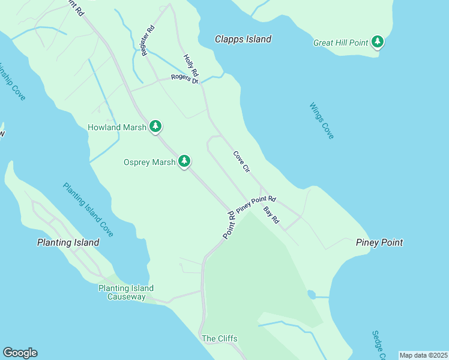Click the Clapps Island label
[x=243, y=39]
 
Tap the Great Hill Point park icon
[x=378, y=42]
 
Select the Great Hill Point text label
[x=341, y=43]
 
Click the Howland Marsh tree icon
[x=155, y=126]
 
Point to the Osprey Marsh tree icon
[x=184, y=161]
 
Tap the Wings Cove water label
[x=322, y=121]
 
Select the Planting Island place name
[x=68, y=242]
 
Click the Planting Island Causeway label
[x=126, y=292]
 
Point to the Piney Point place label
[x=379, y=242]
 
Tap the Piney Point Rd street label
[x=256, y=204]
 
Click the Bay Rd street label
[x=271, y=215]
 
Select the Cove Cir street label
[x=241, y=162]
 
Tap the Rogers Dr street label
[x=184, y=78]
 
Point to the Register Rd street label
[x=148, y=41]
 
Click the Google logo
[x=20, y=353]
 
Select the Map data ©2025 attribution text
[x=423, y=355]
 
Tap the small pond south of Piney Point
[x=311, y=295]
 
